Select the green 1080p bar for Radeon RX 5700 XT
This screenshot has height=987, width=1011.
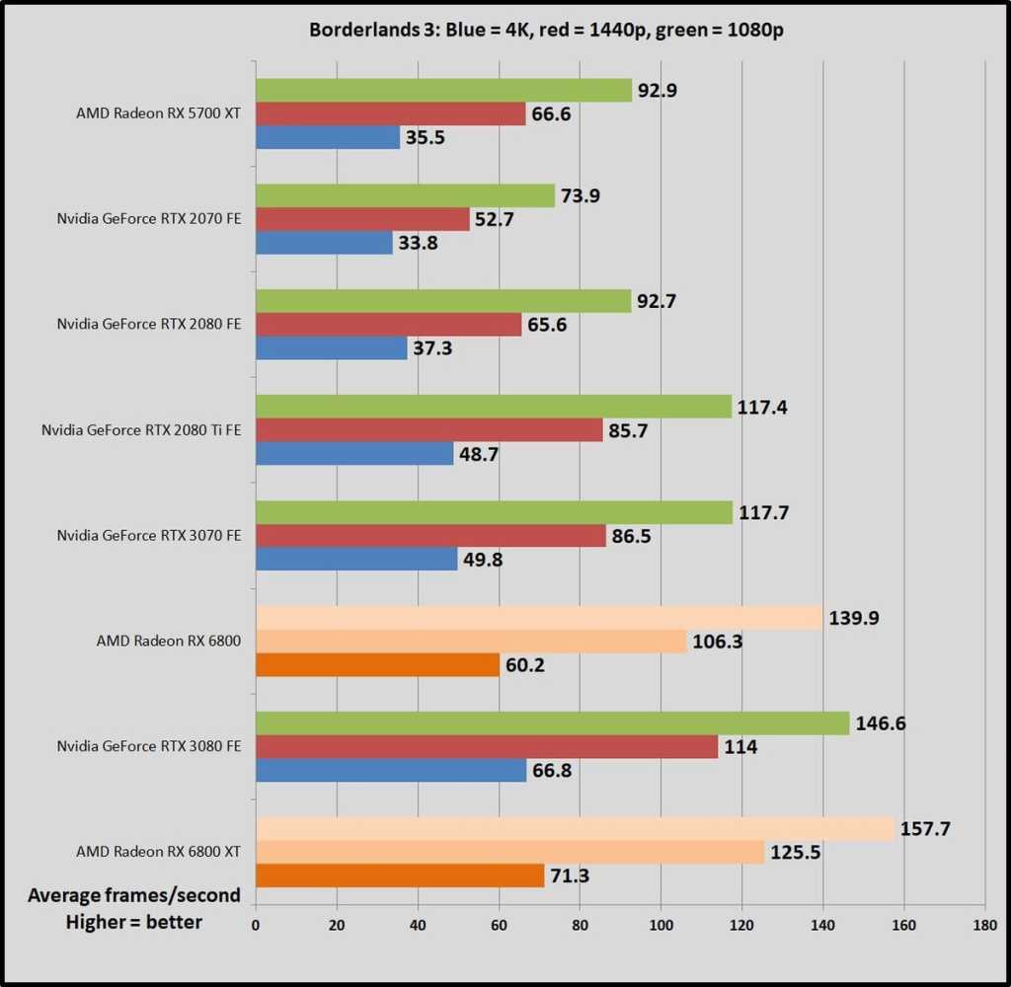click(x=443, y=91)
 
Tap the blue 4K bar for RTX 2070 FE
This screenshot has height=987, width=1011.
click(x=324, y=243)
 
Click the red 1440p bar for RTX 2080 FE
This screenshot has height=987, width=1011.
click(x=388, y=325)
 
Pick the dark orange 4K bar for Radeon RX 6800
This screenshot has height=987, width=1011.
click(x=377, y=665)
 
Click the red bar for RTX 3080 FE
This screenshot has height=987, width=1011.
click(x=487, y=747)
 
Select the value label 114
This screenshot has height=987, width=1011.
click(x=739, y=747)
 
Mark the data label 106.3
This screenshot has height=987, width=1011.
click(x=720, y=643)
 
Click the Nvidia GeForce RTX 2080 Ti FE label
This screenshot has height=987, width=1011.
click(x=141, y=430)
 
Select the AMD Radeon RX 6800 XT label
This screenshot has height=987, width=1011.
click(x=158, y=851)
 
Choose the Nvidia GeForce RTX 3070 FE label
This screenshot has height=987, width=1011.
click(x=149, y=536)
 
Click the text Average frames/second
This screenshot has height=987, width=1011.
click(x=134, y=895)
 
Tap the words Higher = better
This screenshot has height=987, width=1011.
click(x=134, y=922)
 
